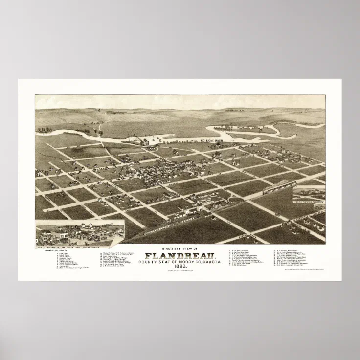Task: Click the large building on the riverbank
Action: tap(145, 142)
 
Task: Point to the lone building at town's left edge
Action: tap(39, 173)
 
